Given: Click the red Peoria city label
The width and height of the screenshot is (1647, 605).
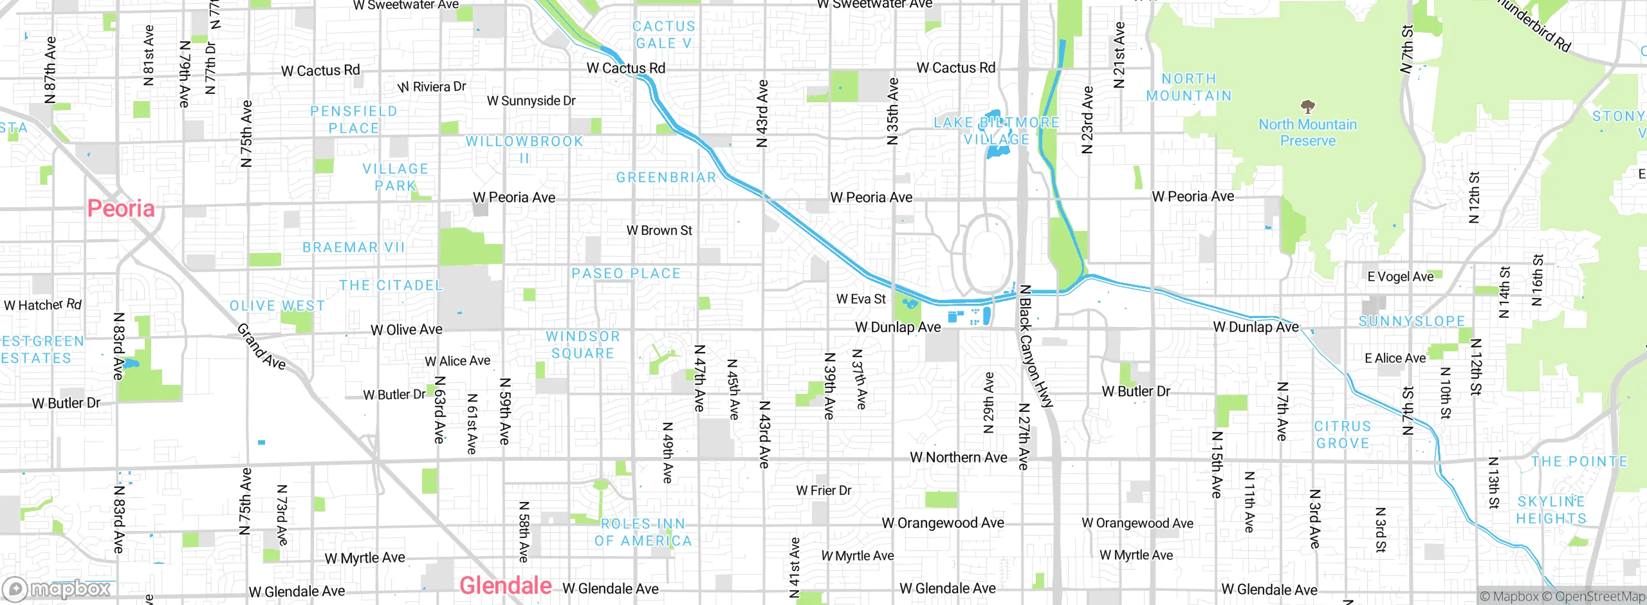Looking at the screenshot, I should point(121,209).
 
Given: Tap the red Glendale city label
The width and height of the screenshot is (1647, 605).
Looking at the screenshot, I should point(505,586).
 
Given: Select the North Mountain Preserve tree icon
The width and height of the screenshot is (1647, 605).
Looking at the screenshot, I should point(1307,106).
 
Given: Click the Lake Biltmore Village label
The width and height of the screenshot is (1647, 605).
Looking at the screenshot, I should point(996,131).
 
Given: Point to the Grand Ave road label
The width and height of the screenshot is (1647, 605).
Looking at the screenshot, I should point(261,347).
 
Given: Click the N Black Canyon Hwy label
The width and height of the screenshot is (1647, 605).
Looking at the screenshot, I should point(1034,346).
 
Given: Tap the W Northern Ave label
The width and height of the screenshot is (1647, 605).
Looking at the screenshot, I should point(958,458).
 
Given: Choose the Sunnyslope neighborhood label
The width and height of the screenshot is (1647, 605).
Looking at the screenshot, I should point(1412,321).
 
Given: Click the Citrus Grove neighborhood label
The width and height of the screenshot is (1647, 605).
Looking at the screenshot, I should point(1342,435).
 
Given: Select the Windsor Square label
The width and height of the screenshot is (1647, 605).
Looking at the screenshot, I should point(583,345).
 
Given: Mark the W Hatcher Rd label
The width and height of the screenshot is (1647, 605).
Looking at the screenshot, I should point(43,304).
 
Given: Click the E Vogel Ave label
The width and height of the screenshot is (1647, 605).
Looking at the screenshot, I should point(1400,277).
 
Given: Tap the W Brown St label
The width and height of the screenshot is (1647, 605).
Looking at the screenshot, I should point(659,230).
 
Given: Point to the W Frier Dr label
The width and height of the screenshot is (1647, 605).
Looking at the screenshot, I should point(823,490).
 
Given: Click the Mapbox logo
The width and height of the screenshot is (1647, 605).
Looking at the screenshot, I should point(57,589).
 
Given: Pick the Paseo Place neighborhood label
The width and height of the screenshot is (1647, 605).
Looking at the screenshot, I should point(625,274).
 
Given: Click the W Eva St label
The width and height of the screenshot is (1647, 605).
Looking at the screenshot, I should point(861,299).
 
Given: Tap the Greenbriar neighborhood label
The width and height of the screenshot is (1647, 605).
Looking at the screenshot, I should point(666,178).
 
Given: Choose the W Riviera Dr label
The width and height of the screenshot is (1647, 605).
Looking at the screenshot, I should point(432,87).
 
